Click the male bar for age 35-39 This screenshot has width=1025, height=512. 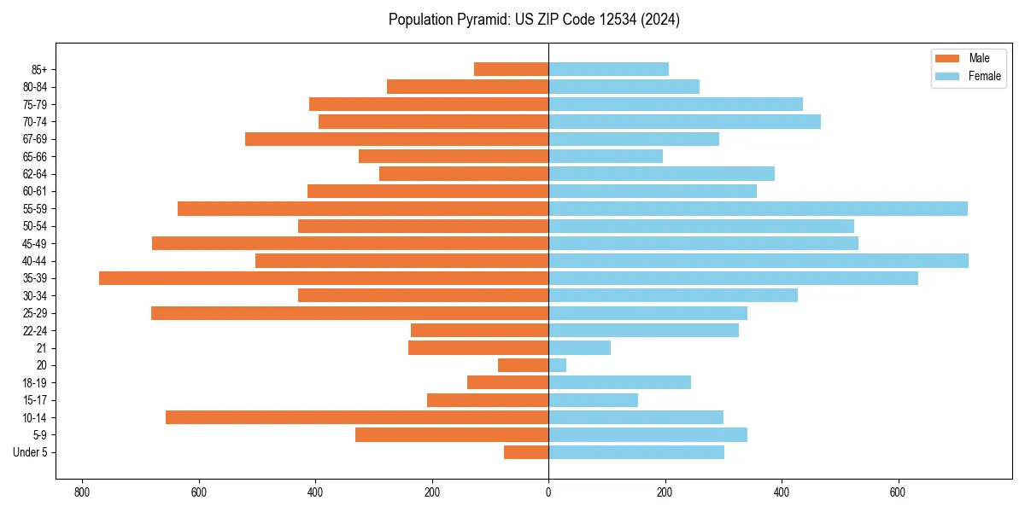324,278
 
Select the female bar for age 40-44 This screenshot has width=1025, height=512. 758,260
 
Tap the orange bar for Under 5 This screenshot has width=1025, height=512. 526,452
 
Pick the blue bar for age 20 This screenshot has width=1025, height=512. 558,365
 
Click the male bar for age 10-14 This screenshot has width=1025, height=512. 357,417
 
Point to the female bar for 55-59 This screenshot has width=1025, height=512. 758,208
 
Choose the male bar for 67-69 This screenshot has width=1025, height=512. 396,139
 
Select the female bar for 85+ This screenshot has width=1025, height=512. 608,69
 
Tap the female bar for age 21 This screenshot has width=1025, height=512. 579,347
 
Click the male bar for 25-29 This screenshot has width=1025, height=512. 349,313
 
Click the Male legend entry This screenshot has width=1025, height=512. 979,58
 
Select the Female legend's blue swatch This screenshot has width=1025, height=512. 948,76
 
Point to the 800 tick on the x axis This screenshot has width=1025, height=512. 83,492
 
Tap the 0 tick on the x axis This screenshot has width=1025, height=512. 548,492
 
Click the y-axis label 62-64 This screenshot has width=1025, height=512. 35,174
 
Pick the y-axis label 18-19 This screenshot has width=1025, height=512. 35,383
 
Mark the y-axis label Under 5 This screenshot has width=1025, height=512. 31,452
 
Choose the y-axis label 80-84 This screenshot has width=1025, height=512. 35,87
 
